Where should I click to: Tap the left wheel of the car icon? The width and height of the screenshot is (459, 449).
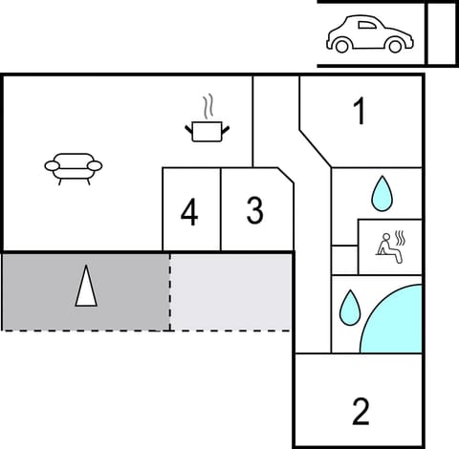(x=341, y=45)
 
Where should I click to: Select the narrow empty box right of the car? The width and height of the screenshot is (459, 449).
(x=440, y=33)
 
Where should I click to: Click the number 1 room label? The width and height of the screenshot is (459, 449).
(x=360, y=113)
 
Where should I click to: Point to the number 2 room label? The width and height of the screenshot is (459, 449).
(x=360, y=412)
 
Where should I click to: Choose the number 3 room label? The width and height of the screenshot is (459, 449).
(x=254, y=211)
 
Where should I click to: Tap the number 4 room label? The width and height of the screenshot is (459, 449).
(x=189, y=213)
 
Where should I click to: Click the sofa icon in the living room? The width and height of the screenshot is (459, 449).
(x=73, y=167)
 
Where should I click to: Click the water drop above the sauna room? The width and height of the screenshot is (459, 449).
(x=382, y=193)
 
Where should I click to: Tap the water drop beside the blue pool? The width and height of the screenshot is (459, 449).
(x=349, y=308)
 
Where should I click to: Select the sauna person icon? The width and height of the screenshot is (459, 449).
(x=389, y=246)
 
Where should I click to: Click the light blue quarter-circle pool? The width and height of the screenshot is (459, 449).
(x=394, y=323)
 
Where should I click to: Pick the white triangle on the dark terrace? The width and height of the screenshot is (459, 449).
(x=86, y=288)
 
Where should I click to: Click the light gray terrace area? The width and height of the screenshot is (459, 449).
(x=231, y=291)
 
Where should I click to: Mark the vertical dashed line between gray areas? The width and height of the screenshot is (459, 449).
(x=170, y=291)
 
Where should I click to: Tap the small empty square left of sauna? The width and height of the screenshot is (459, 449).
(x=344, y=259)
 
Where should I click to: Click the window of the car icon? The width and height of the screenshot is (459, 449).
(x=362, y=27)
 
